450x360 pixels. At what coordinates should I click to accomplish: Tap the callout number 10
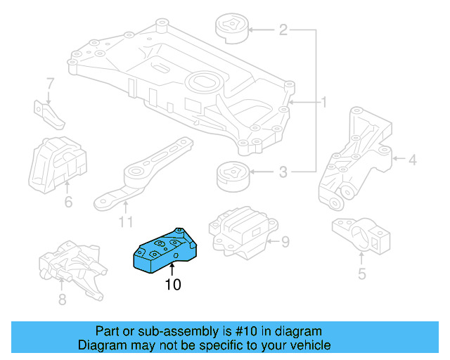(x=172, y=285)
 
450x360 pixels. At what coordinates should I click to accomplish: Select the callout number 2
(x=283, y=30)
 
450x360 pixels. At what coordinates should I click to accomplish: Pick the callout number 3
(x=283, y=171)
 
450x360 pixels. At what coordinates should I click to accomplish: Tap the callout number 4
(x=412, y=161)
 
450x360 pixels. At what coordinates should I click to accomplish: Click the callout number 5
(x=361, y=274)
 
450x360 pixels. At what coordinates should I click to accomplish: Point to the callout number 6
(x=68, y=203)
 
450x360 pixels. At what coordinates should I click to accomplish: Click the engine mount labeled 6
(x=58, y=162)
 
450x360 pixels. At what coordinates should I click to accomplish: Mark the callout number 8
(x=62, y=300)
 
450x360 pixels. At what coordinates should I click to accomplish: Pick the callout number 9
(x=285, y=243)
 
